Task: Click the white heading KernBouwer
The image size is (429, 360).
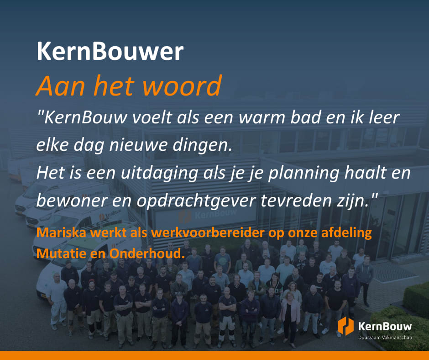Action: (x=110, y=51)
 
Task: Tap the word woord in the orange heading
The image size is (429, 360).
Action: (x=182, y=86)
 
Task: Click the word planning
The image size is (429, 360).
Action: (x=303, y=174)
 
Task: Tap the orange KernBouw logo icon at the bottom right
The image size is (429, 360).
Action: (x=345, y=326)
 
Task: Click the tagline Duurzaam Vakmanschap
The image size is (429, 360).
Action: (x=385, y=338)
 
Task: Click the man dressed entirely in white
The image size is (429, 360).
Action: (x=57, y=300)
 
